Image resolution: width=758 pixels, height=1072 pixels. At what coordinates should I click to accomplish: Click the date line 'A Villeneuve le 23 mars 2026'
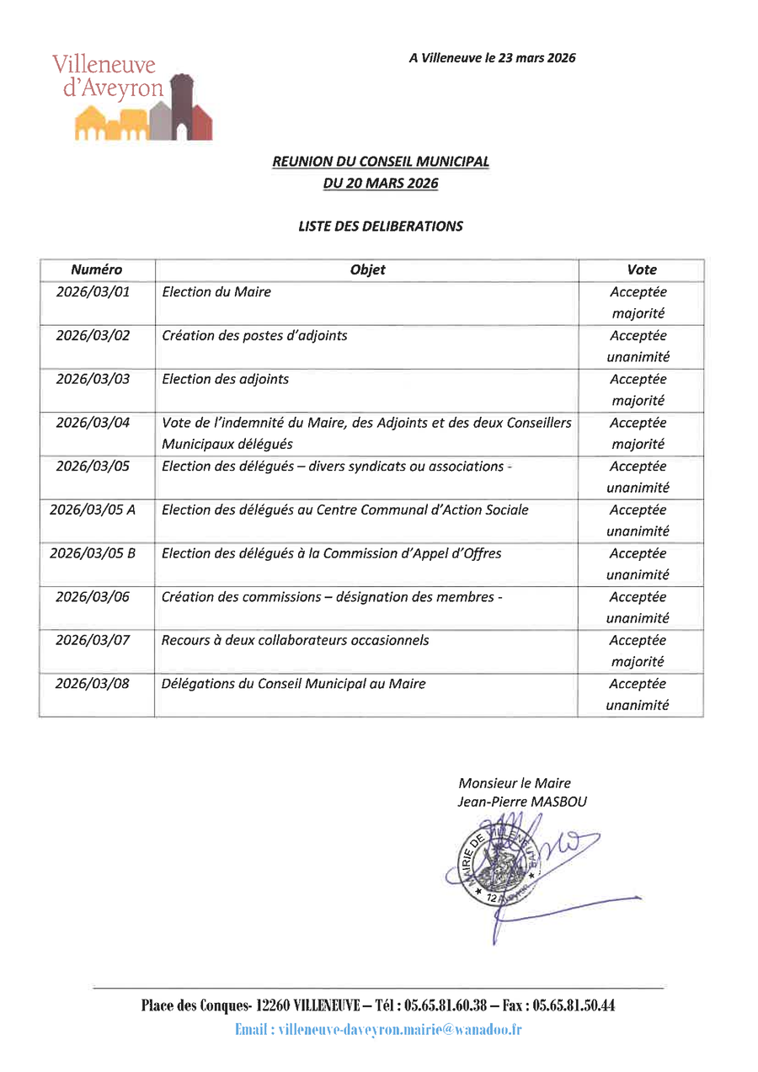click(492, 58)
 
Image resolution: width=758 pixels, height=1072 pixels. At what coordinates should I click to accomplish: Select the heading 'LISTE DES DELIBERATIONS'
click(380, 226)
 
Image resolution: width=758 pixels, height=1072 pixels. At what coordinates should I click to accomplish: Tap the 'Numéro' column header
click(97, 270)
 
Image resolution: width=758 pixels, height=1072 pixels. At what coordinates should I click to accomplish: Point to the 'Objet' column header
click(367, 270)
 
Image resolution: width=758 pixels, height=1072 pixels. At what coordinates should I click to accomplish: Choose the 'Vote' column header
click(641, 270)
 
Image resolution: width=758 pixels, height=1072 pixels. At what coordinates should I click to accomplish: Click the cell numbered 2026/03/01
click(93, 292)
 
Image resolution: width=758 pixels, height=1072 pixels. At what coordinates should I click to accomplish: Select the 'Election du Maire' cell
click(216, 292)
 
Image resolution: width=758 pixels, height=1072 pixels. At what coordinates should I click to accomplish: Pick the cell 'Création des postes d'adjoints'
click(254, 335)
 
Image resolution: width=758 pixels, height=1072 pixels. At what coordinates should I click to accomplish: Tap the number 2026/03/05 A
click(93, 509)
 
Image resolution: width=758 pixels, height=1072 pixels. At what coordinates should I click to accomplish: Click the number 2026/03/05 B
click(93, 553)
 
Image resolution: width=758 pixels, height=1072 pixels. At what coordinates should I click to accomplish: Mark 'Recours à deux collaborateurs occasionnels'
click(295, 640)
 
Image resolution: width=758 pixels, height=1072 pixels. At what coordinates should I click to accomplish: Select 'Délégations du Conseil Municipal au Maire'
click(293, 684)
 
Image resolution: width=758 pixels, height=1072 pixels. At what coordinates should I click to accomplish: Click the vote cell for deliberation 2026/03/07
click(638, 651)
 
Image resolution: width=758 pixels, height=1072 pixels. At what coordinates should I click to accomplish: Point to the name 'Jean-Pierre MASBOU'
click(522, 802)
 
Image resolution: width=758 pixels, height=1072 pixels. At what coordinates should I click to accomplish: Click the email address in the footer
click(400, 1029)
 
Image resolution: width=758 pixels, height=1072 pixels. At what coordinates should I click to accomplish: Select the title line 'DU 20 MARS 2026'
click(381, 183)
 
